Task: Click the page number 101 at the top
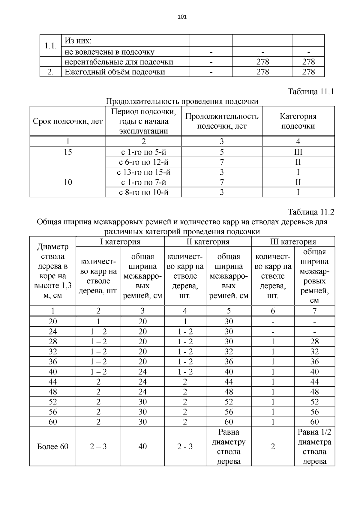pos(182,17)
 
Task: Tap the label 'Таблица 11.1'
pos(310,91)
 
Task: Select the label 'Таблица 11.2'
pos(310,212)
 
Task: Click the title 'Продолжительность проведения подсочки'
pos(182,101)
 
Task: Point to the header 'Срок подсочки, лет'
pos(68,121)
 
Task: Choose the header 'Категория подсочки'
pos(298,121)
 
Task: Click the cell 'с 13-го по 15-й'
pos(143,172)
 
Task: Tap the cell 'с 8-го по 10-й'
pos(143,192)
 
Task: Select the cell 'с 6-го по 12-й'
pos(143,162)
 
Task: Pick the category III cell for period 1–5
pos(298,152)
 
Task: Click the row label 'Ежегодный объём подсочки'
pos(115,72)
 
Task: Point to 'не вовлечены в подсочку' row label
pos(109,52)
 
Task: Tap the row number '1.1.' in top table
pos(50,46)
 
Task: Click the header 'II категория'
pos(208,242)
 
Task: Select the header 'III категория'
pos(293,242)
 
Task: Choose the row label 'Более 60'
pos(52,447)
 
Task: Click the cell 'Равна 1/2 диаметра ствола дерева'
pos(314,447)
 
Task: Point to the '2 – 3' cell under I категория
pos(98,447)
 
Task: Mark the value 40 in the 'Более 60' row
pos(142,447)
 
